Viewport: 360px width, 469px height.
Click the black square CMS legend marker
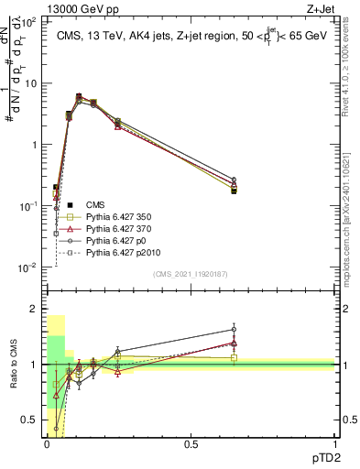[63, 204]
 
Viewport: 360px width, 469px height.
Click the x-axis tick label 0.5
[191, 443]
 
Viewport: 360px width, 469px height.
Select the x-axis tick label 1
[334, 443]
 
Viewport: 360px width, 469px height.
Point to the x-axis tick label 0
[47, 443]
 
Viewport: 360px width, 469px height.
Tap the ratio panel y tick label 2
[35, 310]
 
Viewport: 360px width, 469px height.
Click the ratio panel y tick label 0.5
[30, 420]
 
